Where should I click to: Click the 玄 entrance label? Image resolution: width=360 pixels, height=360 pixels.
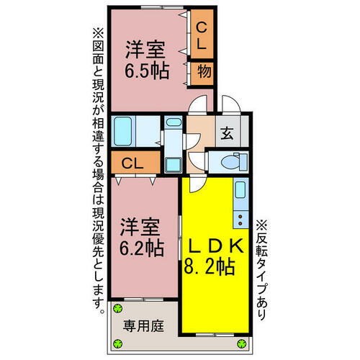click(x=226, y=133)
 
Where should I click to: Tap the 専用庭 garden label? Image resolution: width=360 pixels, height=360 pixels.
click(x=143, y=325)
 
